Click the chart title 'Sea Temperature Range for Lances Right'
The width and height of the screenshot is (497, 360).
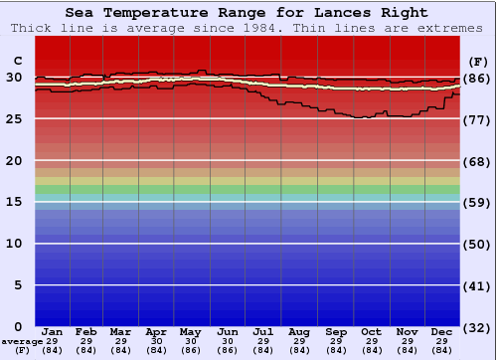click(248, 13)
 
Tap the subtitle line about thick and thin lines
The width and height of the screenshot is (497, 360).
click(248, 28)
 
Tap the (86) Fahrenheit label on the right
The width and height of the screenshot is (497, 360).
click(477, 78)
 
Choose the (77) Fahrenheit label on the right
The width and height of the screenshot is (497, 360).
click(477, 119)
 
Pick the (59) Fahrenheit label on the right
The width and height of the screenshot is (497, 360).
click(477, 203)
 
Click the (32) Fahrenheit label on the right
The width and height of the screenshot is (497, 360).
click(477, 328)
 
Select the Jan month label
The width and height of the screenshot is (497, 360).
click(53, 331)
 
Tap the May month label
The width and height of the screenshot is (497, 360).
click(189, 331)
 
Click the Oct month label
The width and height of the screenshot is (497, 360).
click(371, 331)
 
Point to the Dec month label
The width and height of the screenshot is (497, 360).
click(442, 331)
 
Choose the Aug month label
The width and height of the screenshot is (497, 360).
click(299, 331)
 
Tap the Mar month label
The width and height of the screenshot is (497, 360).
click(121, 331)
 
